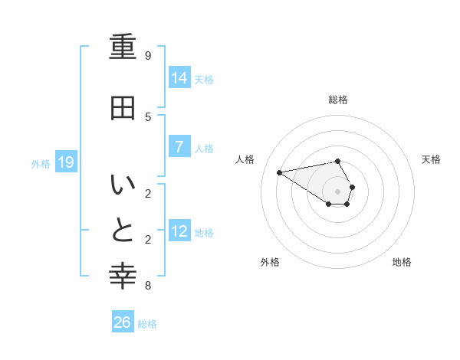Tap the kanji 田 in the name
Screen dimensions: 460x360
pyautogui.click(x=123, y=108)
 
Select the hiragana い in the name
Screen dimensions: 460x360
pyautogui.click(x=123, y=186)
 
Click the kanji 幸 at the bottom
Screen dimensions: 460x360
pyautogui.click(x=123, y=276)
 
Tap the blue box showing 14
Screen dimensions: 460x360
pyautogui.click(x=179, y=77)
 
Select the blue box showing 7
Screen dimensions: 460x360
pyautogui.click(x=179, y=147)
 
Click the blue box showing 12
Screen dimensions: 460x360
pyautogui.click(x=179, y=231)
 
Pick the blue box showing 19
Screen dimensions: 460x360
pyautogui.click(x=66, y=162)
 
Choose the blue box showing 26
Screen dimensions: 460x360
pyautogui.click(x=123, y=322)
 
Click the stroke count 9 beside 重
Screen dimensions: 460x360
pyautogui.click(x=148, y=56)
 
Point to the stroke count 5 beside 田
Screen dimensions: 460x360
pyautogui.click(x=148, y=116)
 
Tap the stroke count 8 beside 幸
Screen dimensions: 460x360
pyautogui.click(x=148, y=286)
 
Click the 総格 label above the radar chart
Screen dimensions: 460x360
pyautogui.click(x=338, y=100)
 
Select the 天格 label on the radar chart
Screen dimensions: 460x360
pyautogui.click(x=431, y=159)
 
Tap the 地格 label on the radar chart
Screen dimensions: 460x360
pyautogui.click(x=402, y=262)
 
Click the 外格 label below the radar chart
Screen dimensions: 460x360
pyautogui.click(x=270, y=262)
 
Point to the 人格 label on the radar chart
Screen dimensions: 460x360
pyautogui.click(x=245, y=159)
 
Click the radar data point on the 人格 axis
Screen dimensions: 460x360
pyautogui.click(x=279, y=172)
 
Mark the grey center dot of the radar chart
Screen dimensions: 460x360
pyautogui.click(x=338, y=191)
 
